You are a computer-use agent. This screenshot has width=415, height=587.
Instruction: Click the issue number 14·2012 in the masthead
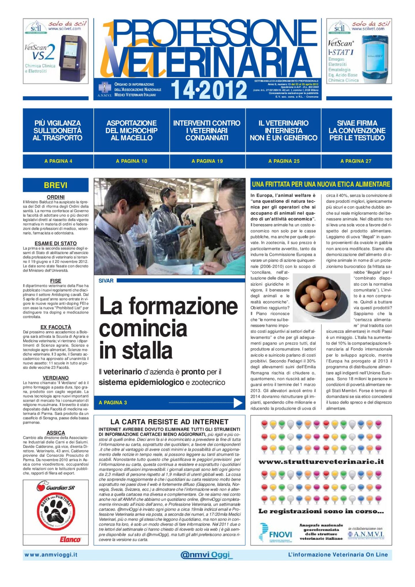(209, 90)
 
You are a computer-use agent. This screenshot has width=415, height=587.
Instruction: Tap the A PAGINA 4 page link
(58, 161)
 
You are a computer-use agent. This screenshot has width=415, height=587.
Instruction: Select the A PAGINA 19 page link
(207, 161)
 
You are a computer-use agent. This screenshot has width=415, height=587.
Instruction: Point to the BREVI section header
(56, 185)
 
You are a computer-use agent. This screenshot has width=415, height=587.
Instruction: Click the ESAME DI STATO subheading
(56, 243)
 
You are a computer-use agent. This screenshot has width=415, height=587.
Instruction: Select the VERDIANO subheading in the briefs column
(56, 378)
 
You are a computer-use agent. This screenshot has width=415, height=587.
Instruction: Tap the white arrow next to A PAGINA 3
(238, 403)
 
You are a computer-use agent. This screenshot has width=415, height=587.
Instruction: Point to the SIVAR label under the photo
(106, 281)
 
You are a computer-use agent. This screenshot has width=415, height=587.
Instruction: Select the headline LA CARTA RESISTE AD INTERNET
(169, 422)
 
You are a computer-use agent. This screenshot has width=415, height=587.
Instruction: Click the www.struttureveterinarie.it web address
(321, 462)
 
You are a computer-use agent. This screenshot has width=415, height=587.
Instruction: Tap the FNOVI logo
(276, 534)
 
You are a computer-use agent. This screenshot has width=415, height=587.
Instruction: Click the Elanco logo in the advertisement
(70, 539)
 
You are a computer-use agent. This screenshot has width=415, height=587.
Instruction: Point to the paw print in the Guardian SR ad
(56, 511)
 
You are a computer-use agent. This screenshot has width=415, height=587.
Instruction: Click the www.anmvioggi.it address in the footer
(51, 555)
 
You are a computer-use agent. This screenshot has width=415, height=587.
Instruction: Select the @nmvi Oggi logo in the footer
(206, 555)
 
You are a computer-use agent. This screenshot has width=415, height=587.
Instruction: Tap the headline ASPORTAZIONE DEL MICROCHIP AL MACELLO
(131, 130)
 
